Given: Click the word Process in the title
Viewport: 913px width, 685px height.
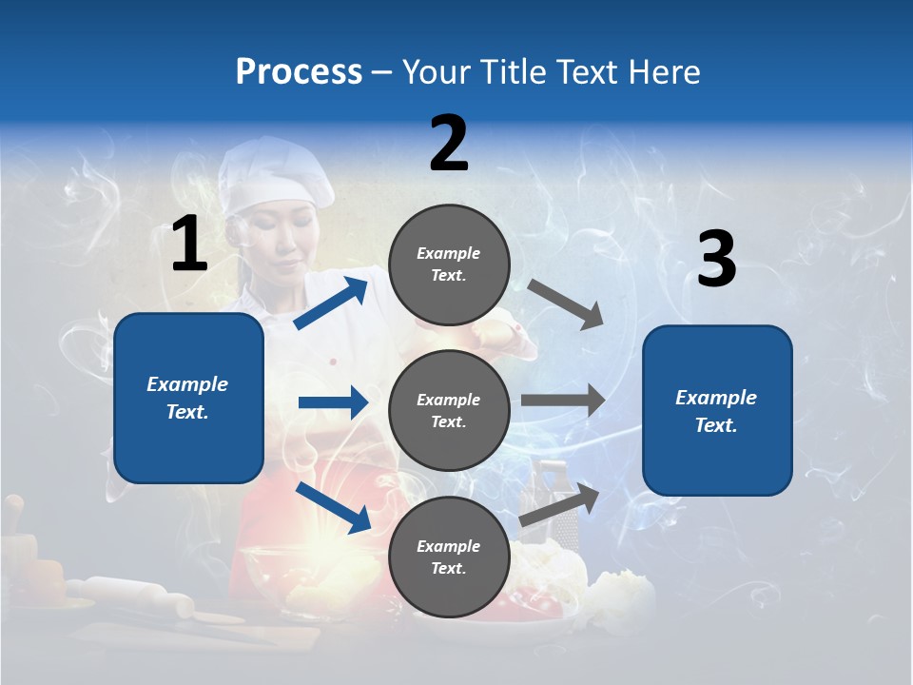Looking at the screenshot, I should (x=299, y=72).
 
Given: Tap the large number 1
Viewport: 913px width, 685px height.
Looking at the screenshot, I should (x=189, y=245).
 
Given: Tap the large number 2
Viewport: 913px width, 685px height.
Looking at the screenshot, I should (x=449, y=144).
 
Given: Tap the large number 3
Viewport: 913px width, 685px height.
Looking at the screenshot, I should (x=716, y=260).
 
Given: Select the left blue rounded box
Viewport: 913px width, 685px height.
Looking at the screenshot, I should (x=188, y=398).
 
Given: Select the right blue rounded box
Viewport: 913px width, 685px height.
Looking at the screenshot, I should (x=717, y=410).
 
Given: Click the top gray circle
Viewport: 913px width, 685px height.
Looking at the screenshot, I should (x=449, y=264).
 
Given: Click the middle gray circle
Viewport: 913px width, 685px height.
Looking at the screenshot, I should (x=449, y=410).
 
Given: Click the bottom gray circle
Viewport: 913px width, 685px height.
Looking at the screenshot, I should (x=449, y=557).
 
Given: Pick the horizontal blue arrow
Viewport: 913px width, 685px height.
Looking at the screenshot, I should (x=333, y=402).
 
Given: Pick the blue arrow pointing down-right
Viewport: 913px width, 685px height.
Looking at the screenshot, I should (x=334, y=507).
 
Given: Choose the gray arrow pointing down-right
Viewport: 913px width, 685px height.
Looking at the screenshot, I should (x=565, y=304).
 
